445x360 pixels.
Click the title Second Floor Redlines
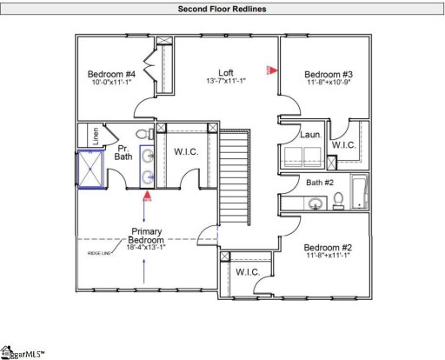pyautogui.click(x=222, y=9)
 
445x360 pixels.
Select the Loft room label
pyautogui.click(x=225, y=73)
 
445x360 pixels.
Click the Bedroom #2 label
pyautogui.click(x=326, y=247)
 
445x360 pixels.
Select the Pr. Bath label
pyautogui.click(x=123, y=153)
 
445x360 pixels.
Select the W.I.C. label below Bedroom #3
pyautogui.click(x=343, y=144)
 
